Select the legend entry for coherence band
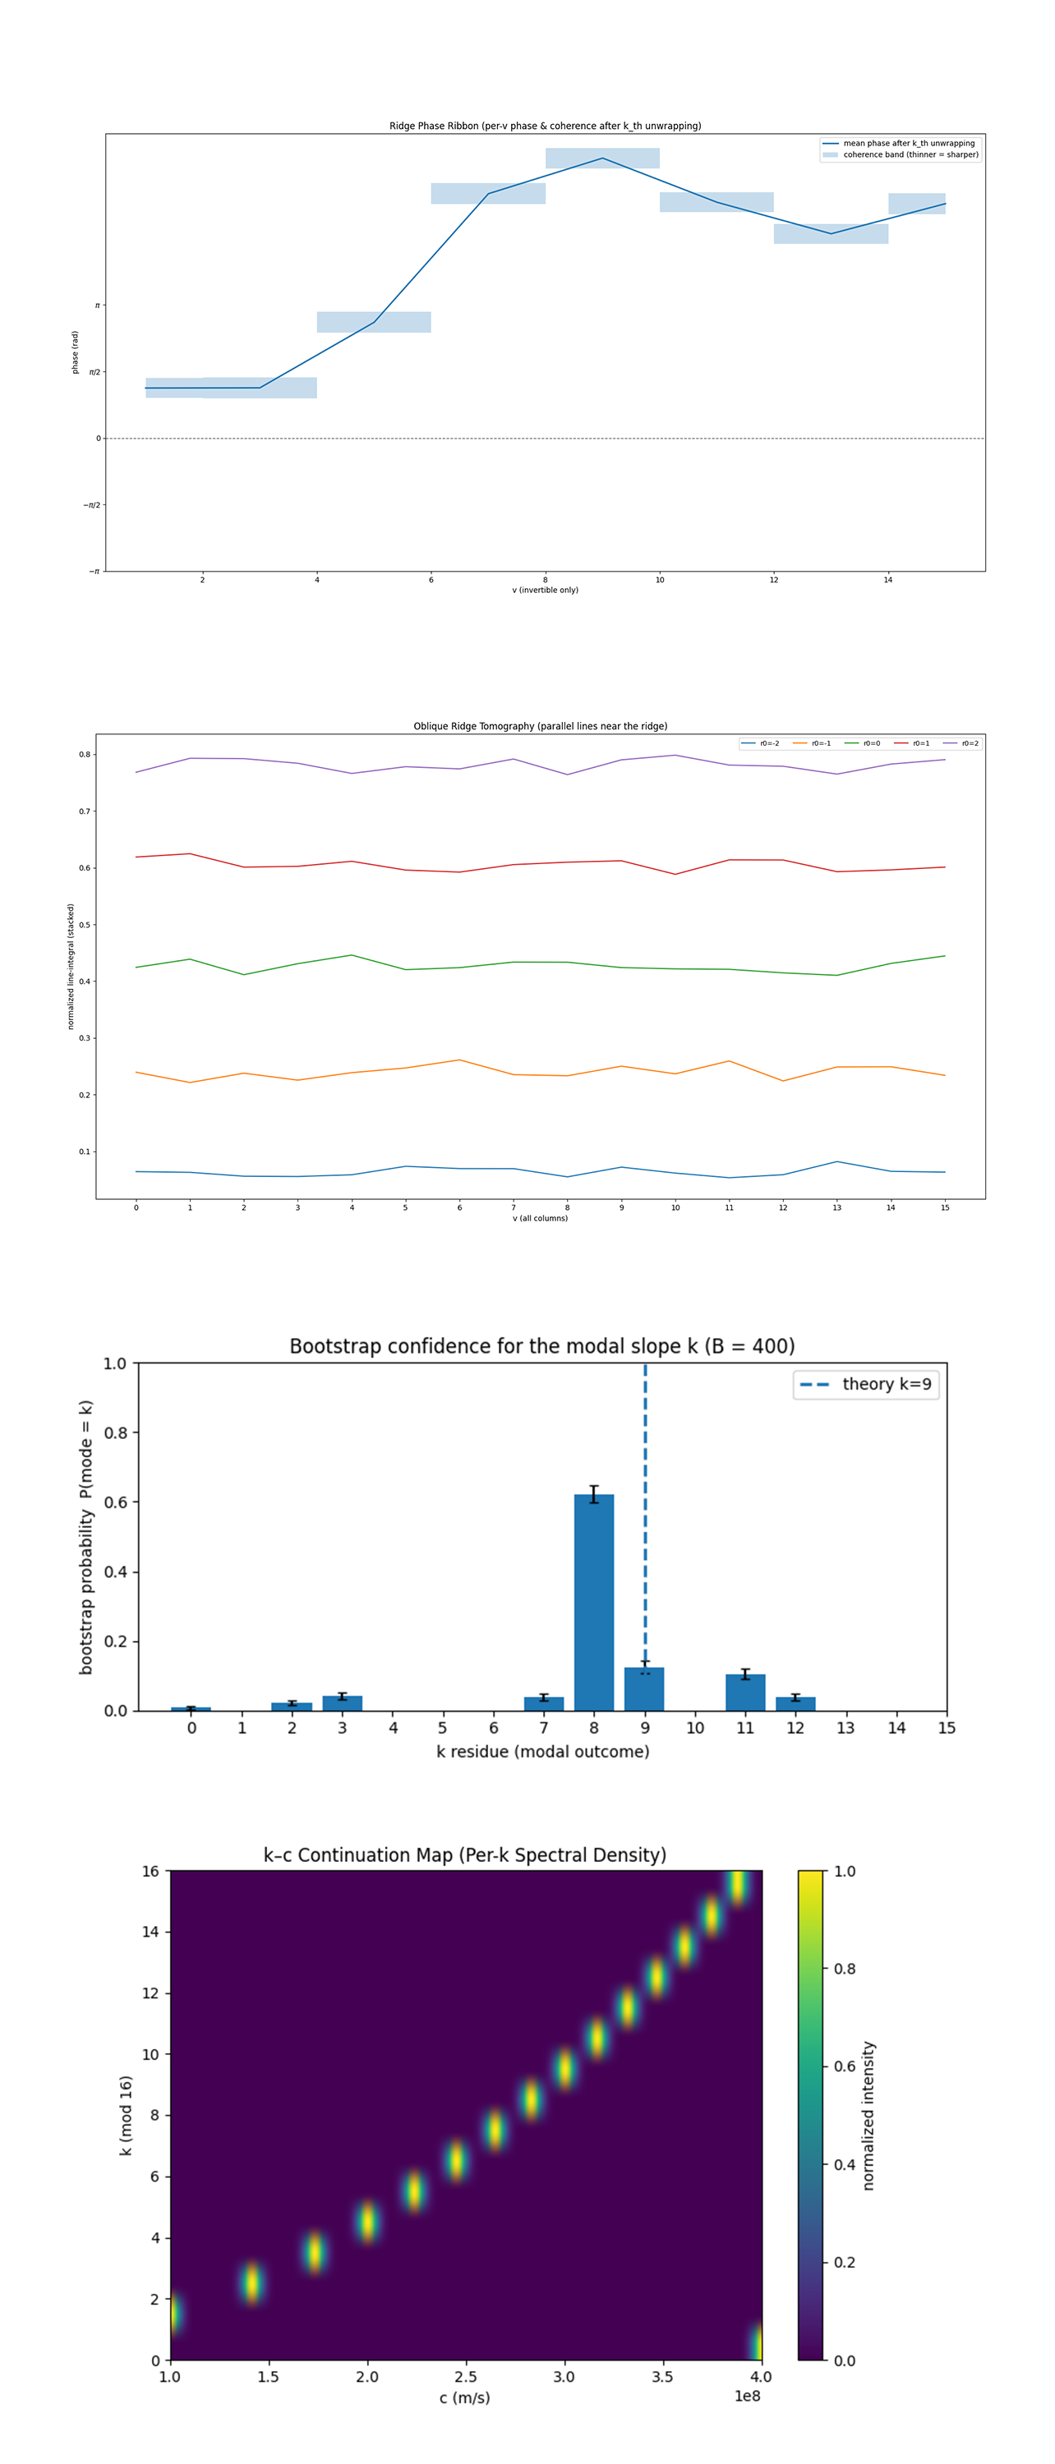pyautogui.click(x=910, y=154)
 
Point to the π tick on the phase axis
pyautogui.click(x=97, y=306)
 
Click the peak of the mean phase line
pyautogui.click(x=601, y=159)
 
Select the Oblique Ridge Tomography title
pyautogui.click(x=540, y=726)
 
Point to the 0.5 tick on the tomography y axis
pyautogui.click(x=85, y=925)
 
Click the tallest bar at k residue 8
pyautogui.click(x=594, y=1602)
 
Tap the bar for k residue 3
pyautogui.click(x=343, y=1703)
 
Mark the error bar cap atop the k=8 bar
pyautogui.click(x=594, y=1487)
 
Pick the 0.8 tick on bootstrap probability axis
pyautogui.click(x=116, y=1433)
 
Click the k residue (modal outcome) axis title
pyautogui.click(x=542, y=1751)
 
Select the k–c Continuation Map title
pyautogui.click(x=465, y=1855)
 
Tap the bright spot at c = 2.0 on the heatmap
pyautogui.click(x=367, y=2221)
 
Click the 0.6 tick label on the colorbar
pyautogui.click(x=845, y=2066)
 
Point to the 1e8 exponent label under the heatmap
pyautogui.click(x=747, y=2396)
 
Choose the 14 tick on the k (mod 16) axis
pyautogui.click(x=151, y=1931)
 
